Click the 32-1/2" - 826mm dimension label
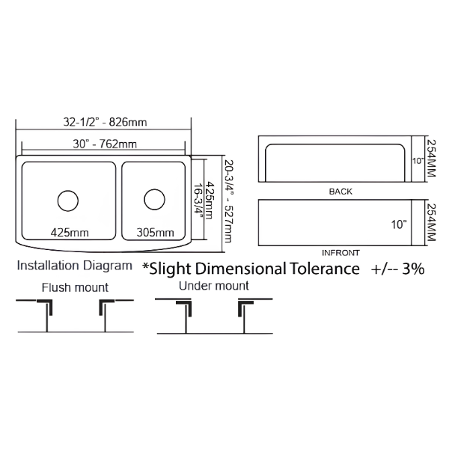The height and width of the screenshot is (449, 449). [105, 122]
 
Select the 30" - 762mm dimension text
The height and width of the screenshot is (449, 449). [105, 144]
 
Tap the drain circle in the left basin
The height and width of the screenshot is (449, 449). [68, 201]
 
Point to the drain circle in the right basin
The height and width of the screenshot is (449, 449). [154, 199]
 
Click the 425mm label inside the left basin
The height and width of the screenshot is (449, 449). [70, 232]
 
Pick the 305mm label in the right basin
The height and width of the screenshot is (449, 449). [155, 232]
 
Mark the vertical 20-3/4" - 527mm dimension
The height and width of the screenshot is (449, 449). [228, 201]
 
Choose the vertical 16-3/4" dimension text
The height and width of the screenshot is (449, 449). [198, 201]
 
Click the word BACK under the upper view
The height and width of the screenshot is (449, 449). [340, 192]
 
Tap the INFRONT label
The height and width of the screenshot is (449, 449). [340, 253]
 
